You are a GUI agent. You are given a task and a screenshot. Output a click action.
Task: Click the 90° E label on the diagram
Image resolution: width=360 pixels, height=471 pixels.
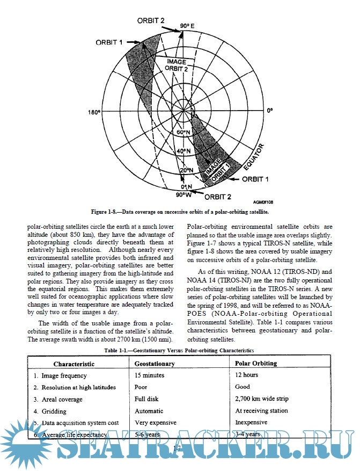(187, 25)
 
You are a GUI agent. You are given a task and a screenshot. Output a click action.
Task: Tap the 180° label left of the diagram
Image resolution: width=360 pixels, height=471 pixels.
(93, 112)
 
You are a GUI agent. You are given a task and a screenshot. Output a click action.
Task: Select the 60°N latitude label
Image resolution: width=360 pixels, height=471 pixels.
(184, 132)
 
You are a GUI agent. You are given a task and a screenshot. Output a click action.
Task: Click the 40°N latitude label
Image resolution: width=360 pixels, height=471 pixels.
(184, 151)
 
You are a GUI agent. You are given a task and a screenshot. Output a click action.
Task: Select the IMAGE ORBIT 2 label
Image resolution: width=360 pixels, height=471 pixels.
(176, 65)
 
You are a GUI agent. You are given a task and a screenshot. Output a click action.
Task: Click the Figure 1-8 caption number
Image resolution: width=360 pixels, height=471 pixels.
(107, 212)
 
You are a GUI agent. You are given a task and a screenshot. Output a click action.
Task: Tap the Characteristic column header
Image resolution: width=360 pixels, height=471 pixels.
(74, 364)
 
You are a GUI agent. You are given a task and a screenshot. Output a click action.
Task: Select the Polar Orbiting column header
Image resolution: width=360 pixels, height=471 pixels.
(256, 364)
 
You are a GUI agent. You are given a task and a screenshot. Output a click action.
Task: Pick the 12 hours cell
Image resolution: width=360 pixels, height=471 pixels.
(247, 375)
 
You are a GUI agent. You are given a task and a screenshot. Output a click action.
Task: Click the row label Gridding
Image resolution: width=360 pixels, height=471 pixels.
(54, 411)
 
